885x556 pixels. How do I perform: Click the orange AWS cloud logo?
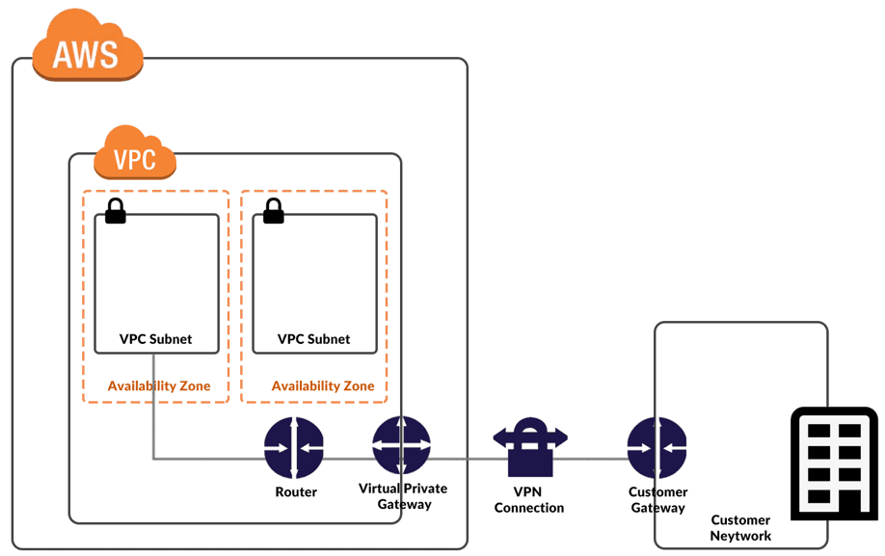(x=88, y=49)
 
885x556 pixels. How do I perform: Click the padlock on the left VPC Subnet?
(x=116, y=211)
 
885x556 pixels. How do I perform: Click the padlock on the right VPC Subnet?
(x=274, y=211)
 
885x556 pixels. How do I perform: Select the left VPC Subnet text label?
(x=155, y=339)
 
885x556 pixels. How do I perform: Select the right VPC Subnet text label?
(x=313, y=339)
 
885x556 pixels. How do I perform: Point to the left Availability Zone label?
(x=159, y=385)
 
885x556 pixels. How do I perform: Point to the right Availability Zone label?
(x=323, y=385)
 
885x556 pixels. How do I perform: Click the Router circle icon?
(x=294, y=447)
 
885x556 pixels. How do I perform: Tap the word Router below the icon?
(x=295, y=491)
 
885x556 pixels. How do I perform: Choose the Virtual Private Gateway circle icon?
(x=402, y=445)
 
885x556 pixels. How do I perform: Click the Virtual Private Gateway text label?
(x=402, y=496)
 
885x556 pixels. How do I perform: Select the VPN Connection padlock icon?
(x=530, y=446)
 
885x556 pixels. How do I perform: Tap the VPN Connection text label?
(x=529, y=499)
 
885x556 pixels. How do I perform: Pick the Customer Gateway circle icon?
(x=657, y=447)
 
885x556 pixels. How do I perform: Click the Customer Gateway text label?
(x=657, y=499)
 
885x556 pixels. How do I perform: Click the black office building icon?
(x=834, y=463)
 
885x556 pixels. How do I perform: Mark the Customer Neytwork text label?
(x=741, y=527)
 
